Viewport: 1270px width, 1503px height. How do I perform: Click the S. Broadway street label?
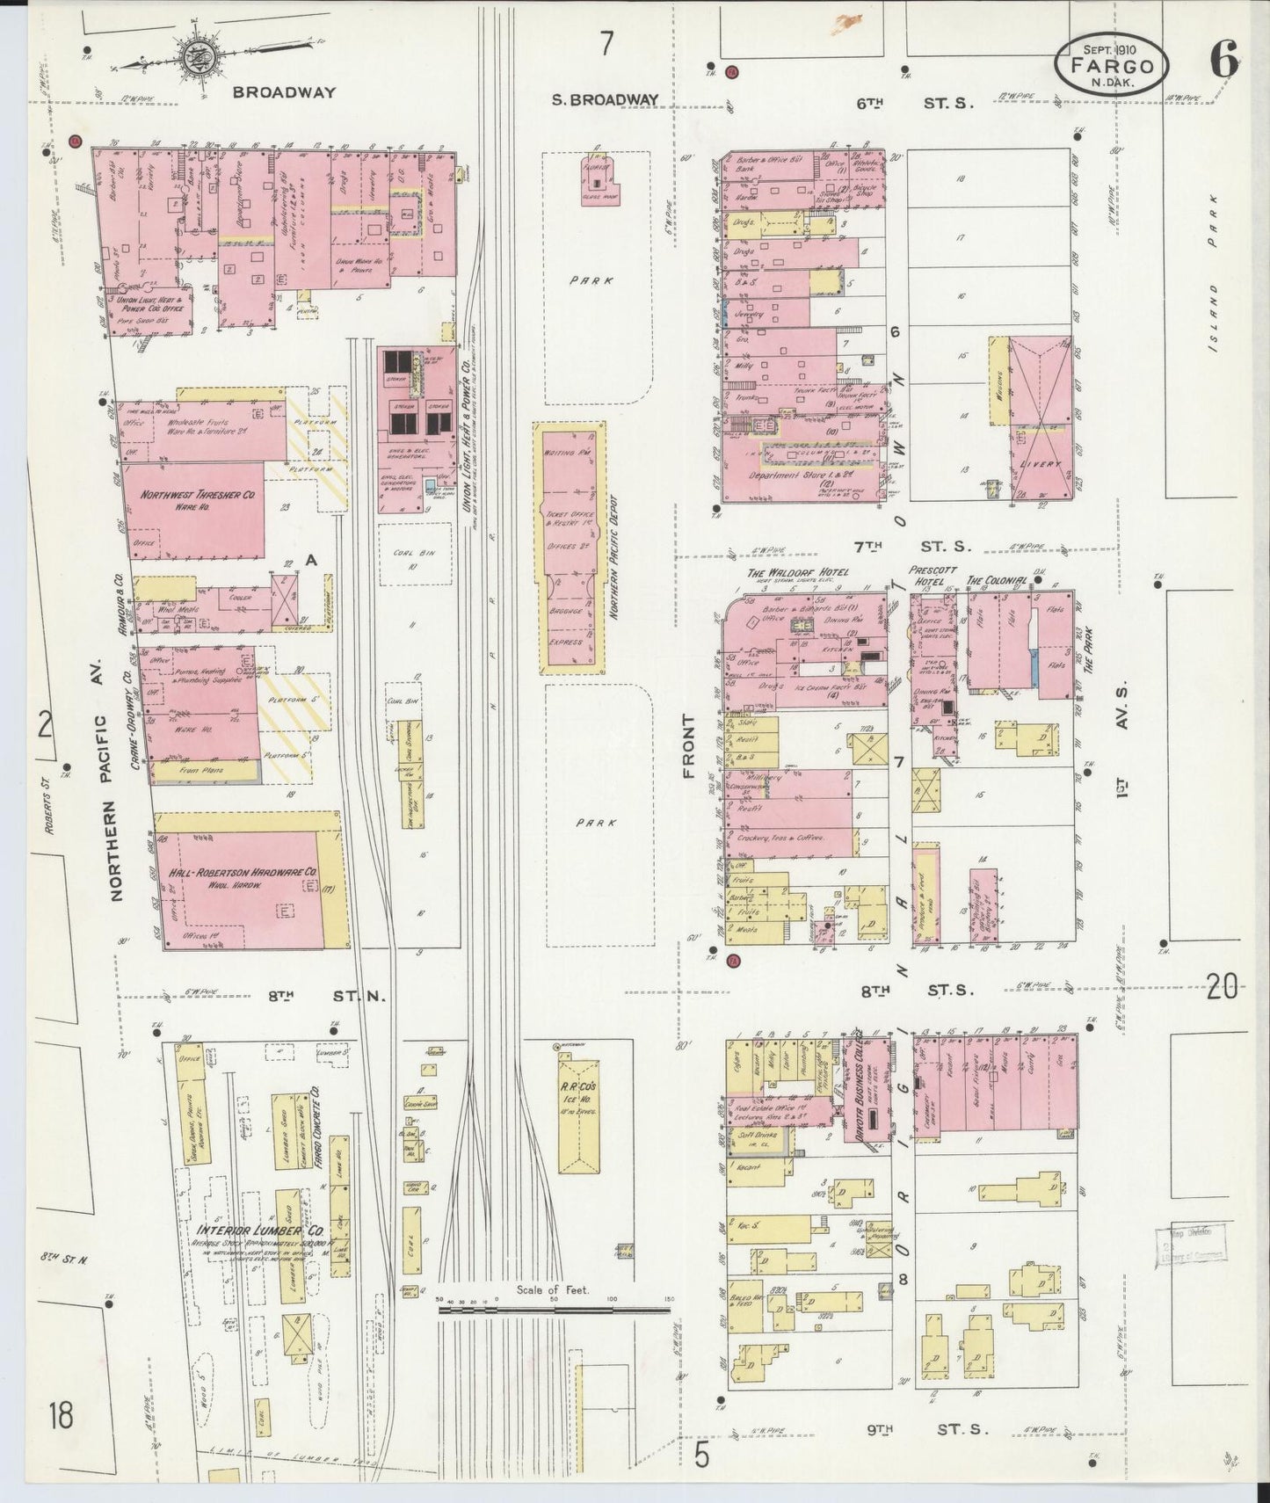tap(605, 100)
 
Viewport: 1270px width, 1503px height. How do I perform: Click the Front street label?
tap(688, 746)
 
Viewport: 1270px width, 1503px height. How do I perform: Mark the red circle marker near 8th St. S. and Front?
tap(734, 961)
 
